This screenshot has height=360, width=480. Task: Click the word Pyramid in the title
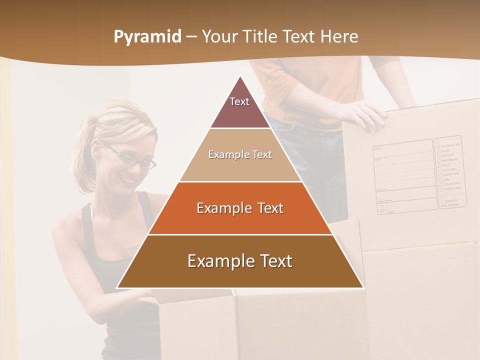[147, 37]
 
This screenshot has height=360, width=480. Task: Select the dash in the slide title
[191, 37]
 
